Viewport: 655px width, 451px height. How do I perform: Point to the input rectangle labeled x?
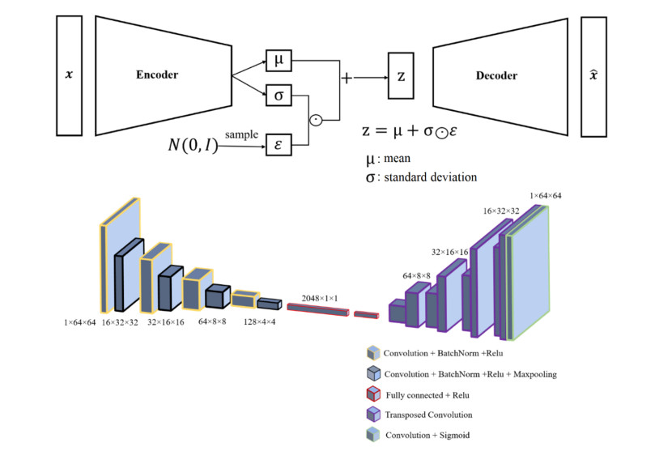pos(67,75)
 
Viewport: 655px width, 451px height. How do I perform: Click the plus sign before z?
pos(347,78)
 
